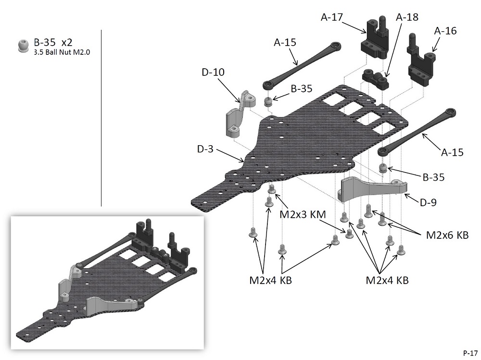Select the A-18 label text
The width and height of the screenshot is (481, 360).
pyautogui.click(x=407, y=17)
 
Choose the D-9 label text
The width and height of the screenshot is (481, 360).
pyautogui.click(x=428, y=203)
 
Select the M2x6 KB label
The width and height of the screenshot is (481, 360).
pyautogui.click(x=447, y=235)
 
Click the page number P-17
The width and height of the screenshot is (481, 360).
pyautogui.click(x=470, y=352)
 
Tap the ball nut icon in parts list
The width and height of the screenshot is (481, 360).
pyautogui.click(x=22, y=46)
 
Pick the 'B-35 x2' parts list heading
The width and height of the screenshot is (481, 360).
pyautogui.click(x=53, y=42)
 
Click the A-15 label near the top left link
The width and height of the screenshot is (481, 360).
pyautogui.click(x=285, y=42)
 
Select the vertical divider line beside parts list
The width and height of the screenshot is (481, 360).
pyautogui.click(x=101, y=118)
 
